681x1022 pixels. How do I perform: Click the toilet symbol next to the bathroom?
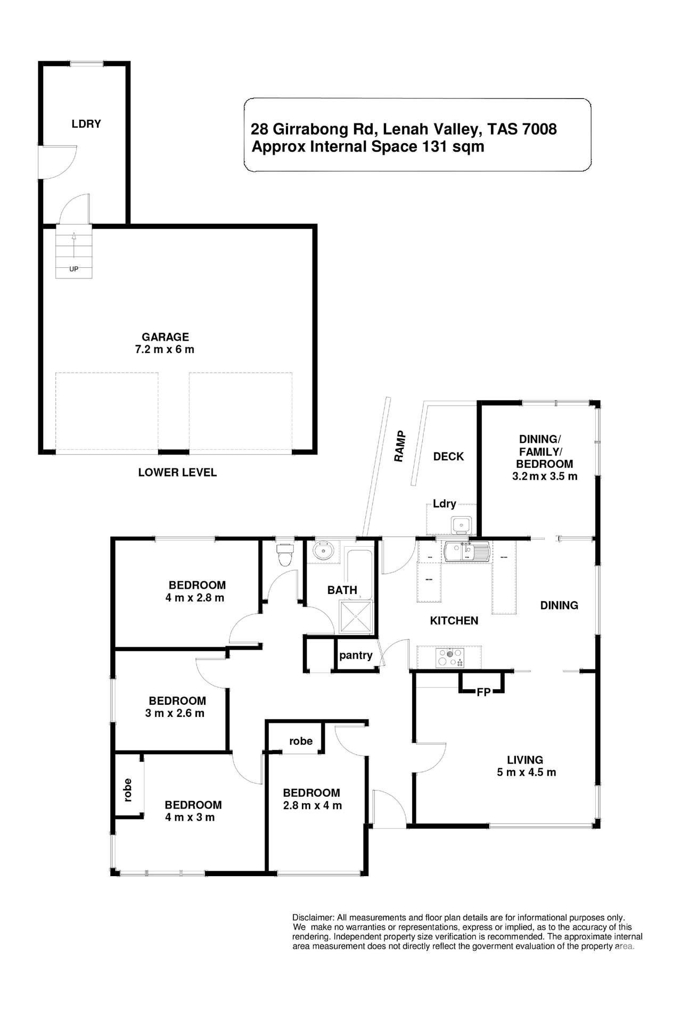[x=285, y=556]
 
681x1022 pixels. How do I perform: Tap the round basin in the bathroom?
[x=323, y=551]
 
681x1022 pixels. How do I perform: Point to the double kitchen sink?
[x=467, y=551]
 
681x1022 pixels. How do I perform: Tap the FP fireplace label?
[x=483, y=693]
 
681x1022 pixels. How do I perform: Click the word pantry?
[x=356, y=655]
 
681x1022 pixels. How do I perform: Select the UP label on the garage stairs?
[x=73, y=269]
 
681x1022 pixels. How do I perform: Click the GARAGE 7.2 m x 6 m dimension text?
[x=165, y=350]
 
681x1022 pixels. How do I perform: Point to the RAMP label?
[x=400, y=446]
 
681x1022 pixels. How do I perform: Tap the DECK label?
[x=448, y=457]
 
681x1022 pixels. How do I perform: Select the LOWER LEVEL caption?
[x=177, y=473]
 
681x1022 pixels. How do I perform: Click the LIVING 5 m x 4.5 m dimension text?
[x=526, y=772]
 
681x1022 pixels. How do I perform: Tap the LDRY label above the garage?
[x=86, y=124]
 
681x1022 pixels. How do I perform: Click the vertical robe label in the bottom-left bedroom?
[x=127, y=790]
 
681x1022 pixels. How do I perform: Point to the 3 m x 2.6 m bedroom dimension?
[x=175, y=713]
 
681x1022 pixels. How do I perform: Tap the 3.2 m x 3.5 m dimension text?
[x=544, y=476]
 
